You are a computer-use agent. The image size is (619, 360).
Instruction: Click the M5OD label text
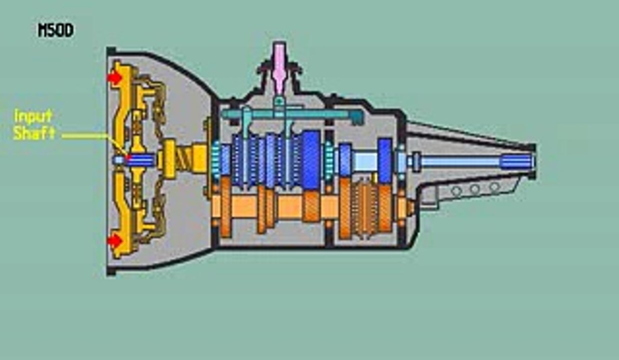55,30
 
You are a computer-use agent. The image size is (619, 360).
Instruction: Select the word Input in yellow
32,116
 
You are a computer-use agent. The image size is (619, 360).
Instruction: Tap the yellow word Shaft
34,133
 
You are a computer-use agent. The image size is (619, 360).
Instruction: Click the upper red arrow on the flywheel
114,77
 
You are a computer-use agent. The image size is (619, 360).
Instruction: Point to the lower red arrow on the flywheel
114,240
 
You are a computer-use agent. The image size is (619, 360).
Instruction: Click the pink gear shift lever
279,69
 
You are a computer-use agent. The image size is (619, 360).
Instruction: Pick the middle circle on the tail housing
475,189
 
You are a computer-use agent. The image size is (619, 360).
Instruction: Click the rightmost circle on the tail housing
494,186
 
